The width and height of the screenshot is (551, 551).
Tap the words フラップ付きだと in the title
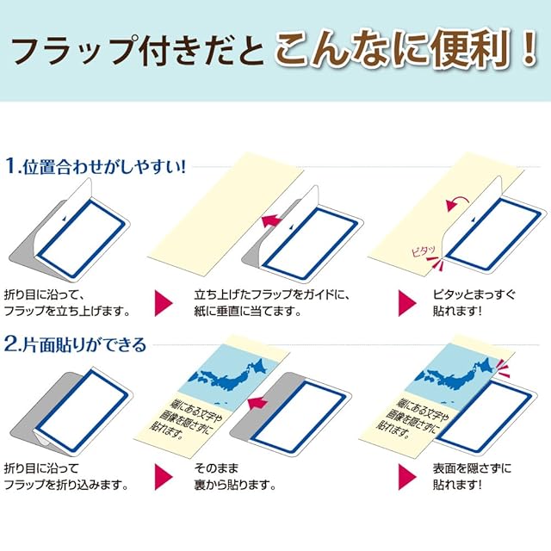pos(138,51)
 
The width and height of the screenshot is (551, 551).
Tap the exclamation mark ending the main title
pos(526,49)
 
